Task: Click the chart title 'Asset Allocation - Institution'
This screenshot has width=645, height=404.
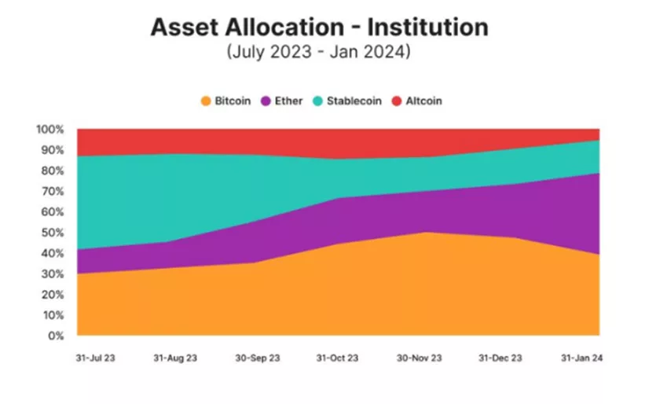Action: pos(318,27)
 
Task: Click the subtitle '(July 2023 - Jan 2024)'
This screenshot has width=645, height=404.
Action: pos(318,53)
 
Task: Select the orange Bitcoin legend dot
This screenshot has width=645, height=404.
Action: pos(206,101)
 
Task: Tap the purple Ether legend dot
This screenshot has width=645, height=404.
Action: pos(266,101)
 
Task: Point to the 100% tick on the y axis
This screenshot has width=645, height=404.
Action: pos(50,129)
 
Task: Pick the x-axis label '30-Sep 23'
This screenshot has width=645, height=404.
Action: pos(255,358)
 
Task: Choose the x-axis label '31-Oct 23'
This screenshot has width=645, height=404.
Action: pos(338,358)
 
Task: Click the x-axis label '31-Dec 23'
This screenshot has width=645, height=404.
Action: pos(501,358)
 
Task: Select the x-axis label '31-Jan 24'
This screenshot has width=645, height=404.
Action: pos(582,358)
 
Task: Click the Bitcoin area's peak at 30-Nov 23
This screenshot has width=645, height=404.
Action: pos(425,233)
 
